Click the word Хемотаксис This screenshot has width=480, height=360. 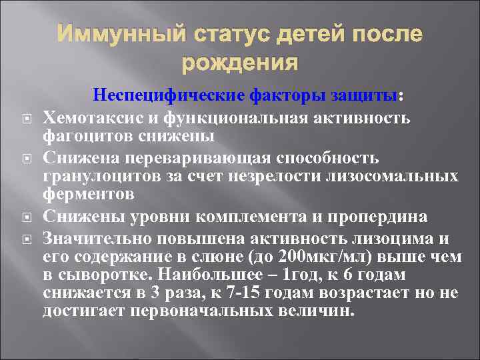85,118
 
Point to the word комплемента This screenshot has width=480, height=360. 249,217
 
